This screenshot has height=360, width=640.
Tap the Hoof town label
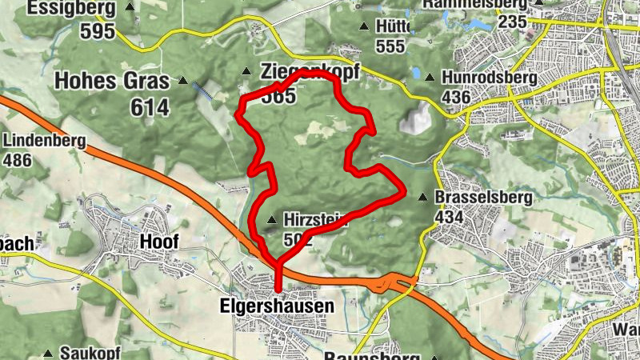coord(159,242)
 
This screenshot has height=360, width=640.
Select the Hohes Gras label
coord(112,81)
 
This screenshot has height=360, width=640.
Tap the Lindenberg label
coord(44,141)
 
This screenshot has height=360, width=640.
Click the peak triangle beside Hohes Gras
coord(183,81)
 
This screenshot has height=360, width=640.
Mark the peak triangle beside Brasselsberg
coord(423,197)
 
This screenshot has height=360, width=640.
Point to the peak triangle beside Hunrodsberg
coord(430,78)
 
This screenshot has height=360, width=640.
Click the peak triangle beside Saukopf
coord(48,353)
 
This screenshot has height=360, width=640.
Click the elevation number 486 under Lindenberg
coord(18,161)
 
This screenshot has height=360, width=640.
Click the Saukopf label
coord(84,353)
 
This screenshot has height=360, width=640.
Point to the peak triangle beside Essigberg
coord(130,6)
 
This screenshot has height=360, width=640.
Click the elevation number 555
coord(390,46)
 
